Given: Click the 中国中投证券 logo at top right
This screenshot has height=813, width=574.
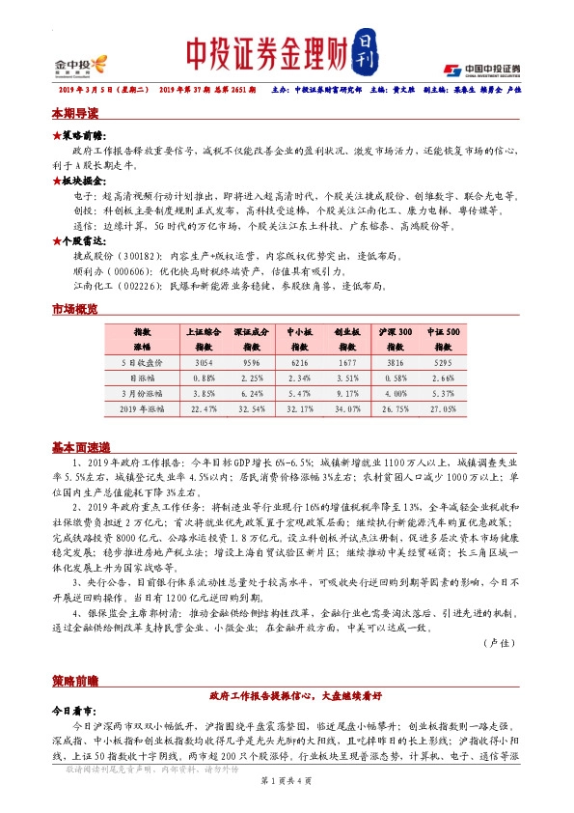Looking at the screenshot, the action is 482,70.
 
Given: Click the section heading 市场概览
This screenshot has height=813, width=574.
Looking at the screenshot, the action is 74,309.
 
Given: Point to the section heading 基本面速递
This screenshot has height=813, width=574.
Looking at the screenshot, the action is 81,446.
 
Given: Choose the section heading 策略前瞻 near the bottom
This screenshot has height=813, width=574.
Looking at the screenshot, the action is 74,681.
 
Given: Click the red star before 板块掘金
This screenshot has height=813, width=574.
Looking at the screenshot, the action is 56,180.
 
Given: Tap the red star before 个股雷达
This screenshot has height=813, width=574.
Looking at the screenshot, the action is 56,239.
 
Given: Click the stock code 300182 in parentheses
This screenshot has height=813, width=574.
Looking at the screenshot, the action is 141,256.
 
